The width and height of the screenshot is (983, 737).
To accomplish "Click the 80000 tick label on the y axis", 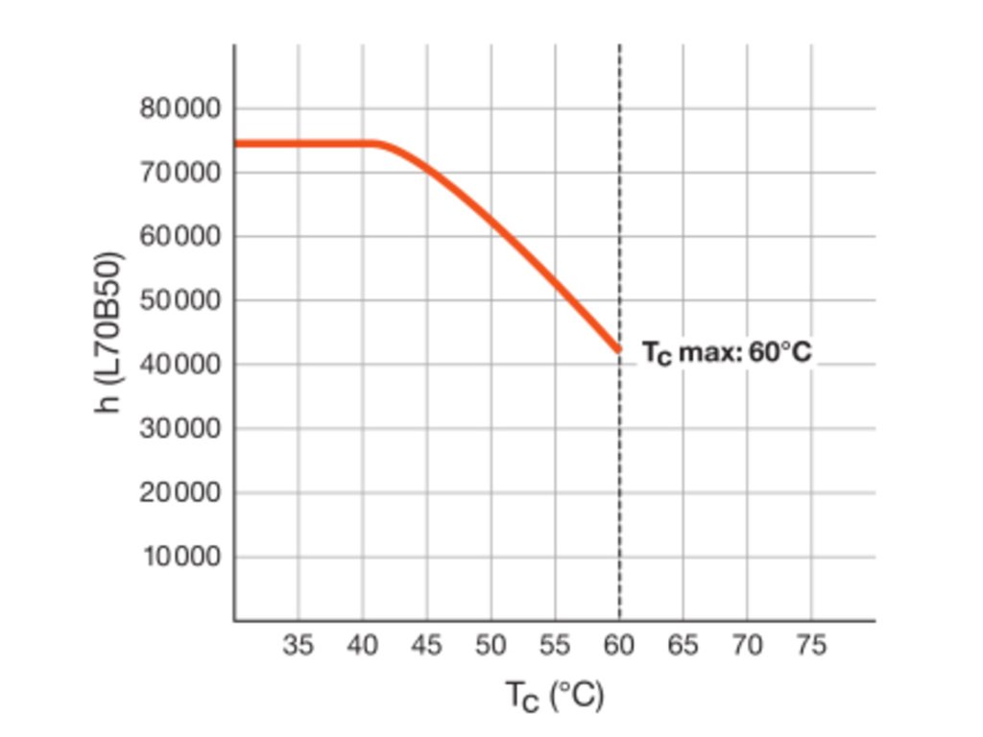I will (181, 108).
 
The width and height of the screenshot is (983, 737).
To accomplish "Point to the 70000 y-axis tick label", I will (181, 173).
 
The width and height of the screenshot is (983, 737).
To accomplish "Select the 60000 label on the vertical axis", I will (181, 236).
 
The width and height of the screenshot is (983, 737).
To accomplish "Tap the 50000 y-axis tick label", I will (181, 300).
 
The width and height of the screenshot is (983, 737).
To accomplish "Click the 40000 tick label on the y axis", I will (181, 365).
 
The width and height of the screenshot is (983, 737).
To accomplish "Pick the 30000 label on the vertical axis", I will (181, 428).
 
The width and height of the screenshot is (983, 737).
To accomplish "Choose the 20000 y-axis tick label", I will (181, 492).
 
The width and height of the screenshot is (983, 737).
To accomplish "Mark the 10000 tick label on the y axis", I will (181, 557).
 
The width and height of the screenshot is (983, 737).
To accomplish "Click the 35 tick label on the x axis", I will (299, 646).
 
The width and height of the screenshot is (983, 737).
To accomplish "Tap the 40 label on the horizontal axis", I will (363, 646).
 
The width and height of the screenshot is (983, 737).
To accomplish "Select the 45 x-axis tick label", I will (426, 646).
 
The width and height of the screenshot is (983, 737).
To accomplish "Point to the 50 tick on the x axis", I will (491, 646).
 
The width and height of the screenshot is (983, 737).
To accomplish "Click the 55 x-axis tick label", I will (555, 646).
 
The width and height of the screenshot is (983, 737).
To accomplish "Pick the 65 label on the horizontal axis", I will (683, 646).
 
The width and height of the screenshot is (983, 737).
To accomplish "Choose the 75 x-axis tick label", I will (811, 646).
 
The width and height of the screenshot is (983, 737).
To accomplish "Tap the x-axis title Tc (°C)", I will (555, 696).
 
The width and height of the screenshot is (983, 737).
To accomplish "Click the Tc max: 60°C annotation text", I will (727, 352).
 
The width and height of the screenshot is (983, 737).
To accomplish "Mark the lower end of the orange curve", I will (618, 350).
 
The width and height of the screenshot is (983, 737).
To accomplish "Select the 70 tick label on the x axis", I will (747, 646).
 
